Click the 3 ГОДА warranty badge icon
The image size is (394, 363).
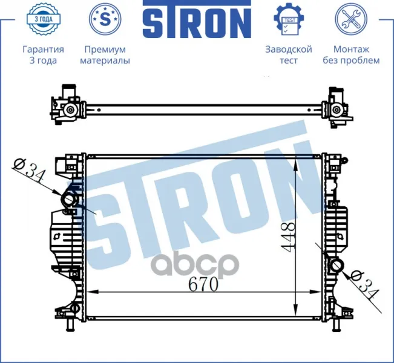[43, 18]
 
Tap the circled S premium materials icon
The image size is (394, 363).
[105, 19]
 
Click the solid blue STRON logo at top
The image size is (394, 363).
[197, 19]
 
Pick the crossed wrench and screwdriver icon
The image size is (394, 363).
[351, 19]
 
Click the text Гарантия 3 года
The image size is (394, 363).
[43, 55]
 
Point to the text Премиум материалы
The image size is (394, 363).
[105, 55]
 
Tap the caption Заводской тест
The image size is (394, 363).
[289, 55]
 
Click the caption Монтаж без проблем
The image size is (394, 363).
[351, 55]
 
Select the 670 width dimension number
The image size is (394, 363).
[203, 284]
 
